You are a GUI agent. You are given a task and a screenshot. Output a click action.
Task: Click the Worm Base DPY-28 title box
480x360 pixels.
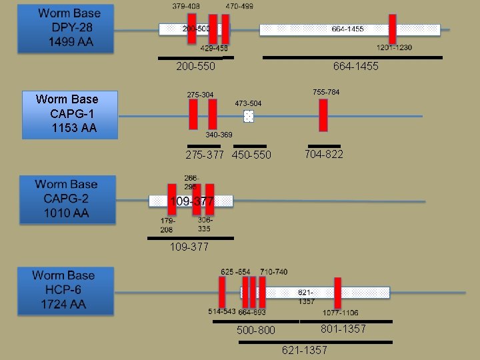(66, 29)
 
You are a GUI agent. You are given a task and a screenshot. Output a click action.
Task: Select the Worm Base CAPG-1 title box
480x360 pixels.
(69, 114)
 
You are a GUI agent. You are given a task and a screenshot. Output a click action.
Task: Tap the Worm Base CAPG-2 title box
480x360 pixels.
(67, 199)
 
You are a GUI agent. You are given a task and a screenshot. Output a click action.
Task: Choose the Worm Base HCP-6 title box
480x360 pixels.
(65, 290)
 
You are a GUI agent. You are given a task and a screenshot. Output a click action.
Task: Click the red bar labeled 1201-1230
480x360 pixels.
(393, 29)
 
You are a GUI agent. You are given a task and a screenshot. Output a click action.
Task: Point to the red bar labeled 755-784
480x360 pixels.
(323, 115)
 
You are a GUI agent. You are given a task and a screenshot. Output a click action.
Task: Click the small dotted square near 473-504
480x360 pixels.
(249, 117)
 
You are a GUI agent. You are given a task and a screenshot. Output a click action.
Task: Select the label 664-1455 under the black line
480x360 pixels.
(355, 67)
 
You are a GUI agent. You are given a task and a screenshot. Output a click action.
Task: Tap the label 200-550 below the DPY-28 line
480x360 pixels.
(195, 67)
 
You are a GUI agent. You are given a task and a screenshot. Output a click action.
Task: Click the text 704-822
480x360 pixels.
(323, 155)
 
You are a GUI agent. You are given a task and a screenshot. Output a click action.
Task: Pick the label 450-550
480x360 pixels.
(251, 155)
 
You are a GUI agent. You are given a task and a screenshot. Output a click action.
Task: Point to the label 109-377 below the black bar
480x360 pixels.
(189, 247)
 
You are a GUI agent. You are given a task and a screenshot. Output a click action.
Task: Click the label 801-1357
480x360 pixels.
(343, 329)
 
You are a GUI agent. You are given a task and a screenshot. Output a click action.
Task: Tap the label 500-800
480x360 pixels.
(255, 330)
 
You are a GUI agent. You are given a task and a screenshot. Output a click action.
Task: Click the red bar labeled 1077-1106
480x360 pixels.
(338, 293)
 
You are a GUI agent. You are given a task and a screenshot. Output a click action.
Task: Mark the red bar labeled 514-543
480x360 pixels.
(222, 292)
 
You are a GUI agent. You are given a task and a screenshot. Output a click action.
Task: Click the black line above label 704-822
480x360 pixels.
(324, 146)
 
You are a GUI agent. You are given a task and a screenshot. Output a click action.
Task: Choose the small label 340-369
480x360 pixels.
(219, 135)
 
